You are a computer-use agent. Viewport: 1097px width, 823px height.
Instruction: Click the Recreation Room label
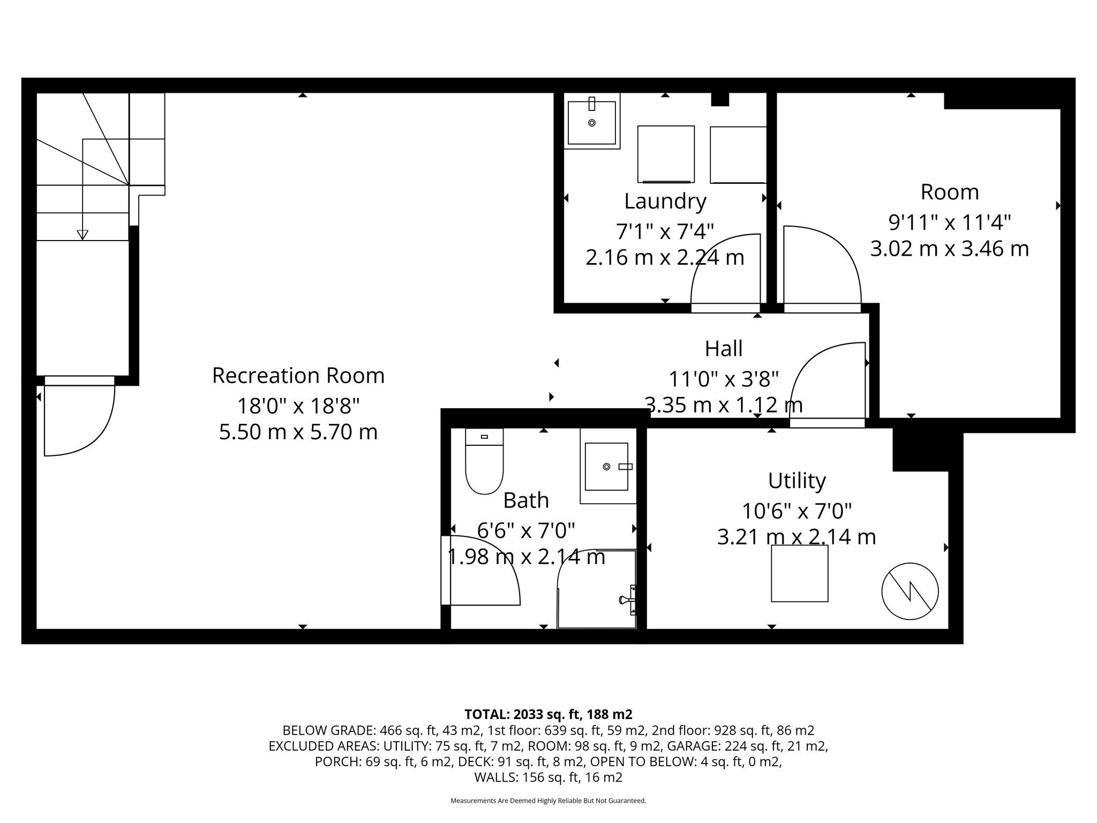(x=298, y=376)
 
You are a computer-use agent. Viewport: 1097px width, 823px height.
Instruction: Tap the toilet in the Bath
(x=484, y=466)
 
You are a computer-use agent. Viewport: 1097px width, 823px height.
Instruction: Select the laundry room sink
(x=591, y=123)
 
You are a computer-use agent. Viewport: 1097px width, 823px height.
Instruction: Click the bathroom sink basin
(x=606, y=467)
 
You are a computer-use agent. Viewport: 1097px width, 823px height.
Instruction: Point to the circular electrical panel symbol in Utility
(x=910, y=591)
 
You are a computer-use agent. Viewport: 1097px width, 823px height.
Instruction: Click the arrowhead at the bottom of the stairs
(x=82, y=235)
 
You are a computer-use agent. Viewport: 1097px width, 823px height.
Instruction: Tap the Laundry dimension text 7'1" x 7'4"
(x=665, y=232)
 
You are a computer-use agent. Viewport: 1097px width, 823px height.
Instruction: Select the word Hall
(x=723, y=349)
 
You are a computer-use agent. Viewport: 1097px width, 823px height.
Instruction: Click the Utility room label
(x=797, y=481)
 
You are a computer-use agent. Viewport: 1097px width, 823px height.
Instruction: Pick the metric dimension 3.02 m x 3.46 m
(x=949, y=249)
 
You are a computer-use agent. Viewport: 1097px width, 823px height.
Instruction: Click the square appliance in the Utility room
(x=799, y=573)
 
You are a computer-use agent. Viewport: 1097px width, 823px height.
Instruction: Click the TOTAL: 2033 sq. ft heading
(x=548, y=714)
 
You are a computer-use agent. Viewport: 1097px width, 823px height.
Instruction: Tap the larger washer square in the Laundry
(x=666, y=154)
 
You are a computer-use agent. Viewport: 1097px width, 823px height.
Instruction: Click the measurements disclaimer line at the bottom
(x=548, y=800)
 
